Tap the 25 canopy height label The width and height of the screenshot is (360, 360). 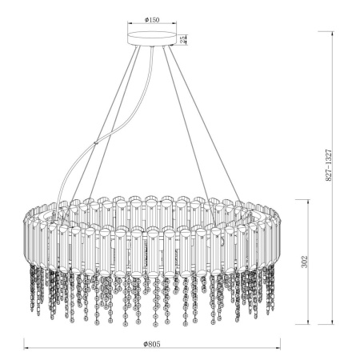(184, 39)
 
